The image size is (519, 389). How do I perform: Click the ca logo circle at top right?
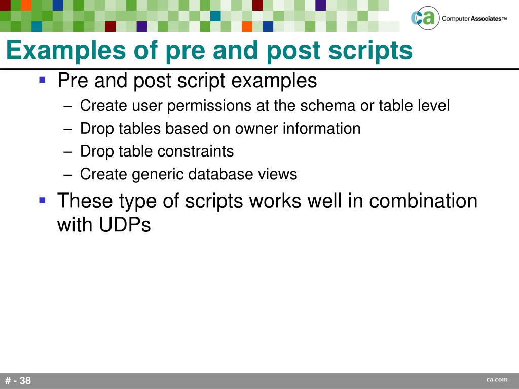(423, 19)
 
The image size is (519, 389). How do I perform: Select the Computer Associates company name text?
(474, 19)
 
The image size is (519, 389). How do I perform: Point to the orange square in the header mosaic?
(247, 26)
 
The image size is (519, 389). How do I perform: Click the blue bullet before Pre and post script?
(43, 80)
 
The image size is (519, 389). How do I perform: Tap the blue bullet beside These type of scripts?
(43, 200)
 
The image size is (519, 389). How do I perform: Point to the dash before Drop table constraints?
(69, 152)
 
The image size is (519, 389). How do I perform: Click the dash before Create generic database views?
(69, 175)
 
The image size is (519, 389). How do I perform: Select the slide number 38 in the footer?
(25, 381)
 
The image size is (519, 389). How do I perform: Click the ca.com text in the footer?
(497, 380)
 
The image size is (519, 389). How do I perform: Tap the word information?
(321, 129)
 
